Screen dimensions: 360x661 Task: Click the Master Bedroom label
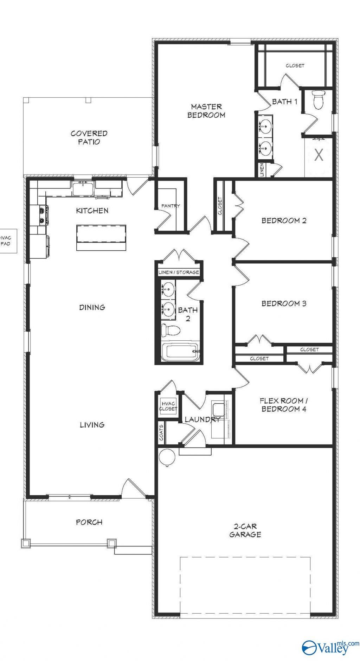(206, 110)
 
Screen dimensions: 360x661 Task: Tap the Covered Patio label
(89, 137)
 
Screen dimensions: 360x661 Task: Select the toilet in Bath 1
(319, 100)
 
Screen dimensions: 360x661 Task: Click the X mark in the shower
(319, 155)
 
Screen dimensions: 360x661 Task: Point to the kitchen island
(101, 238)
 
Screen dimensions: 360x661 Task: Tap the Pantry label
(171, 206)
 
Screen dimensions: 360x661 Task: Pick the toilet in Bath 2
(171, 330)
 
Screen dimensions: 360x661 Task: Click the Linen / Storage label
(179, 272)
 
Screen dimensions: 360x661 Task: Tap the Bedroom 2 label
(284, 220)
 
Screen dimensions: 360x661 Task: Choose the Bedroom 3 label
(284, 303)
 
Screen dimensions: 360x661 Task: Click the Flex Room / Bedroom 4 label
(284, 405)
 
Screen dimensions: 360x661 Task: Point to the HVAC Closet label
(168, 406)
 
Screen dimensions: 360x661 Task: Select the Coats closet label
(161, 432)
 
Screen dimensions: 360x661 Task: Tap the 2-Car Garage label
(245, 530)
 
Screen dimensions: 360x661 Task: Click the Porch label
(89, 522)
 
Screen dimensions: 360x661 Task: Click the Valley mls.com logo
(330, 647)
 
